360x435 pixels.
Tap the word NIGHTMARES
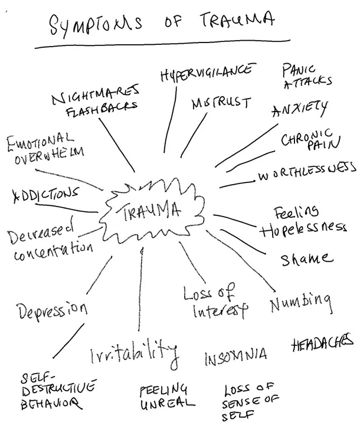[x=95, y=93]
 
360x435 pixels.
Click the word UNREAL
[x=167, y=404]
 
